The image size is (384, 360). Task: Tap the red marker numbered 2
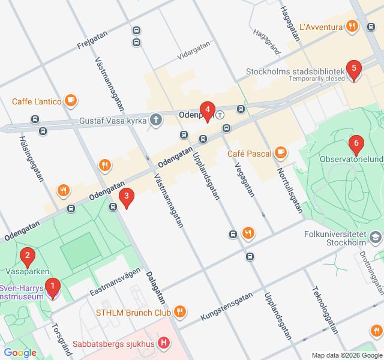[26, 257]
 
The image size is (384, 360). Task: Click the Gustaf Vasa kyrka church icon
[156, 120]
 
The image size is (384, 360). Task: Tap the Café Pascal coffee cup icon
[280, 154]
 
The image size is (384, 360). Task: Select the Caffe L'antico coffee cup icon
[71, 101]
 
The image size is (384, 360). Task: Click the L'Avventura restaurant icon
[352, 26]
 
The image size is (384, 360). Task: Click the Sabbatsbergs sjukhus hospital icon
[164, 344]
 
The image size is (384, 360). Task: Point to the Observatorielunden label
[351, 160]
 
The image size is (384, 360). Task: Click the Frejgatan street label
[95, 41]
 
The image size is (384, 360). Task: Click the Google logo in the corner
[20, 353]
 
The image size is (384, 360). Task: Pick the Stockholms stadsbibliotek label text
[295, 71]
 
